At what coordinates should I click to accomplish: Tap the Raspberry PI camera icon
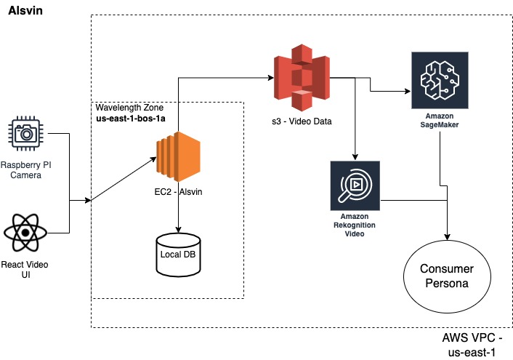25,133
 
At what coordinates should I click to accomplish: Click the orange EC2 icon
178,156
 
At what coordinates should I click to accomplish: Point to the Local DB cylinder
178,255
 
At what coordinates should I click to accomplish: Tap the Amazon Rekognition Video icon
355,185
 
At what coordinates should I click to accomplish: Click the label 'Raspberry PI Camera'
25,170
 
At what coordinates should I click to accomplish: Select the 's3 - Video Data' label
301,121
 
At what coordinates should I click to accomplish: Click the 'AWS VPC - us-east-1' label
473,344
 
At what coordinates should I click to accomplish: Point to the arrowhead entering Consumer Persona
446,238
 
